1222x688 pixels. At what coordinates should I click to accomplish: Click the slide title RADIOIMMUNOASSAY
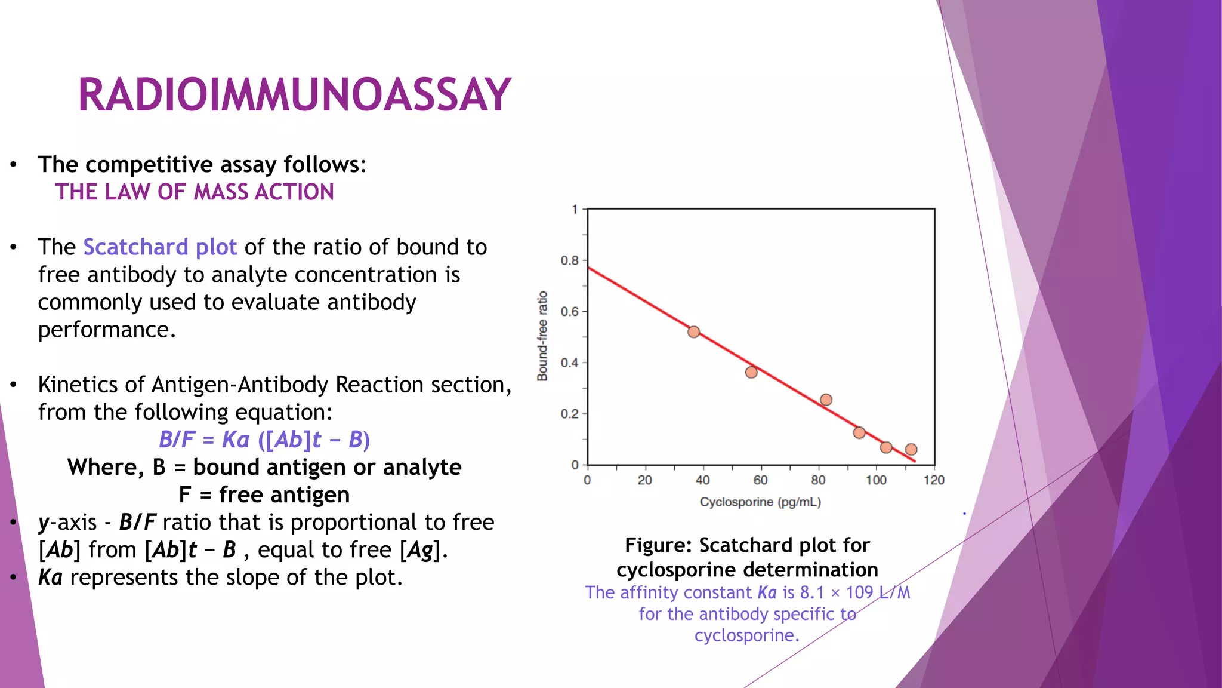[294, 95]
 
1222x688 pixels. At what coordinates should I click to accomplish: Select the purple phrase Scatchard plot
[160, 247]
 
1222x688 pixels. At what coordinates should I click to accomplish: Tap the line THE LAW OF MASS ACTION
[195, 192]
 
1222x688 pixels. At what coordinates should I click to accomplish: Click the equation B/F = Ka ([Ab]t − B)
[264, 440]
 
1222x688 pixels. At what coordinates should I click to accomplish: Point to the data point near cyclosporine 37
[693, 332]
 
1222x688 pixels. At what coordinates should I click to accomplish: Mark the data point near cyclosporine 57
[751, 372]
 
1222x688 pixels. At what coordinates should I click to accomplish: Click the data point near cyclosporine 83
[826, 400]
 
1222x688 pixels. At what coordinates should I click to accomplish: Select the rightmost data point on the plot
[911, 450]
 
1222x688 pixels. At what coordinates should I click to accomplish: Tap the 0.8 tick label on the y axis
[569, 260]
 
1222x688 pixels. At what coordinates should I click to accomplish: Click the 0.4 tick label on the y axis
[569, 363]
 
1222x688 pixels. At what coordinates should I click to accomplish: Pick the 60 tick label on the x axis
[760, 480]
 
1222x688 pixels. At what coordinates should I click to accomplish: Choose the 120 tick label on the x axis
[934, 480]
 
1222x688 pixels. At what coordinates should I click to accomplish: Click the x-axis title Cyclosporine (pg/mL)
[760, 502]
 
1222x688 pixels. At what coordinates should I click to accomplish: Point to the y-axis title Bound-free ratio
[542, 336]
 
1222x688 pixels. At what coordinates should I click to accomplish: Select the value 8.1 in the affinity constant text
[811, 592]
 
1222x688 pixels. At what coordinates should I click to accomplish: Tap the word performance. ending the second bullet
[107, 330]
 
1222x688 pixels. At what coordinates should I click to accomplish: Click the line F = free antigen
[264, 494]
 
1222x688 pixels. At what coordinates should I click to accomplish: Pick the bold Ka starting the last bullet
[50, 578]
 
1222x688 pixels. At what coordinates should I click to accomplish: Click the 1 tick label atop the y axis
[574, 210]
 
